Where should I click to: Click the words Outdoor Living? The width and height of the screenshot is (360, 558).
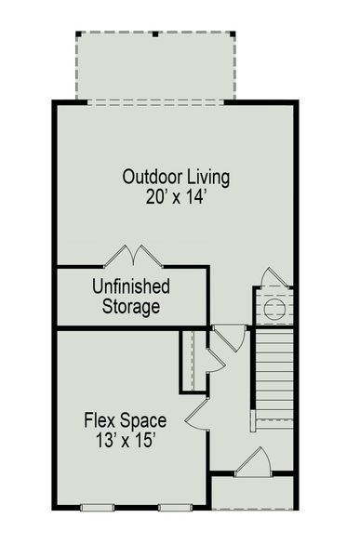pos(176,177)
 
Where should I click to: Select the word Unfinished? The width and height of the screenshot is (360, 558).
pos(129,286)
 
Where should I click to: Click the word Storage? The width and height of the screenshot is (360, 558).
pos(130,306)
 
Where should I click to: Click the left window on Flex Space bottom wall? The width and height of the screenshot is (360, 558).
pos(97,507)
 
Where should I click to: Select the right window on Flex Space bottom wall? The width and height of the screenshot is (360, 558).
pos(172,507)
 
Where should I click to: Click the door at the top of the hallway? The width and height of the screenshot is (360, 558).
pos(230,335)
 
